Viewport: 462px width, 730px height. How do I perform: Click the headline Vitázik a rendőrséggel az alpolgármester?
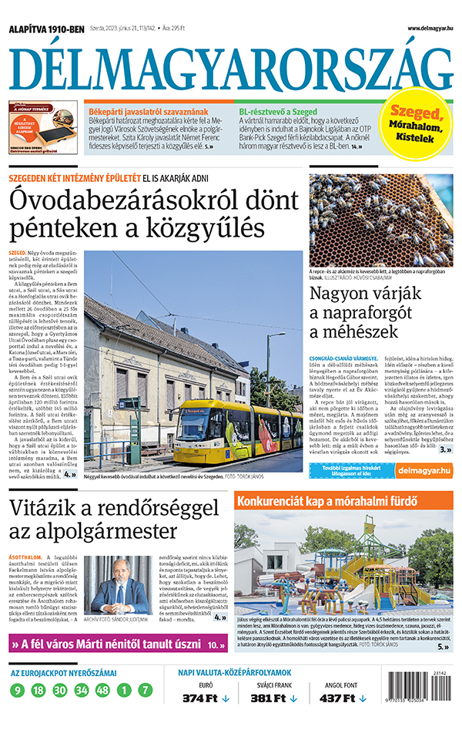pos(115,520)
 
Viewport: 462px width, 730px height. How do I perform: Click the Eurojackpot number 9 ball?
pos(18,690)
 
